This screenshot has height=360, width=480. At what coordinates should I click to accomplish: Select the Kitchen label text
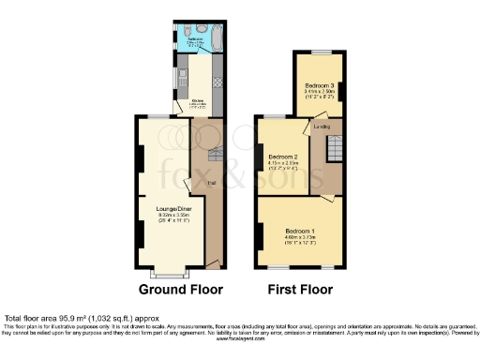tap(198, 99)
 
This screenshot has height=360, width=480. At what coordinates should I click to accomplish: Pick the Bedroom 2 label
tap(282, 157)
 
